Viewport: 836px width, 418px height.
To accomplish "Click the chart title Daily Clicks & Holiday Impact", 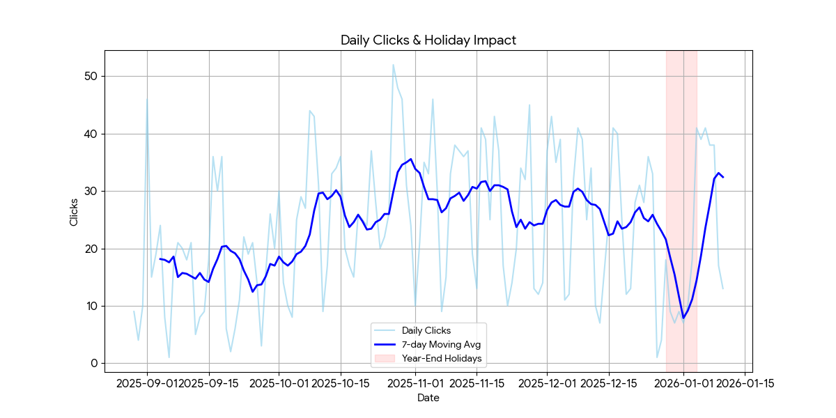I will pyautogui.click(x=428, y=40).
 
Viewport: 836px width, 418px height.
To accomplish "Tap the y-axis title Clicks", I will pyautogui.click(x=74, y=210).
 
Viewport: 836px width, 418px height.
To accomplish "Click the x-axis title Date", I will pyautogui.click(x=428, y=398).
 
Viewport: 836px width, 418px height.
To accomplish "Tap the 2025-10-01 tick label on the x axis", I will pyautogui.click(x=279, y=382).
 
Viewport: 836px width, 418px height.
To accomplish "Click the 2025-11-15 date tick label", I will pyautogui.click(x=477, y=382).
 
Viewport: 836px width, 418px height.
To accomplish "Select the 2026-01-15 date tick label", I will pyautogui.click(x=745, y=382).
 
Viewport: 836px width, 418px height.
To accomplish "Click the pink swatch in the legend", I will pyautogui.click(x=385, y=359).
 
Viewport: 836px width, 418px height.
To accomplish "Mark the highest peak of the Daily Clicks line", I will pyautogui.click(x=393, y=65).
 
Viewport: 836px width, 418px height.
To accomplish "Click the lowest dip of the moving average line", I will pyautogui.click(x=683, y=318).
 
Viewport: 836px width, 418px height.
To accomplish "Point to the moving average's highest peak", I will pyautogui.click(x=410, y=159).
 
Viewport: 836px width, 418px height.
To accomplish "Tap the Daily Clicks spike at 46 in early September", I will pyautogui.click(x=147, y=99).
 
